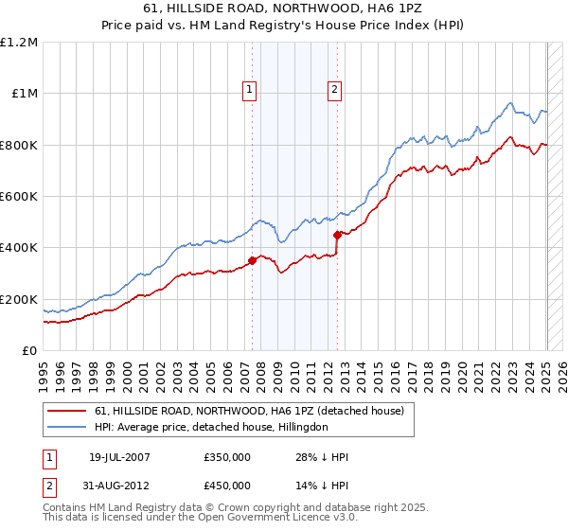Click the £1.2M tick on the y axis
pyautogui.click(x=19, y=42)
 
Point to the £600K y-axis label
pyautogui.click(x=19, y=196)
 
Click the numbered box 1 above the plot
pyautogui.click(x=249, y=91)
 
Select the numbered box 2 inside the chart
pyautogui.click(x=335, y=91)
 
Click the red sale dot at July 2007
pyautogui.click(x=253, y=260)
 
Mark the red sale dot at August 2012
pyautogui.click(x=338, y=235)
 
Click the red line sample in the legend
pyautogui.click(x=68, y=411)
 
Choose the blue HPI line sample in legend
pyautogui.click(x=68, y=428)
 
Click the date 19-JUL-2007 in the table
pyautogui.click(x=119, y=457)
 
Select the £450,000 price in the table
pyautogui.click(x=227, y=486)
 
